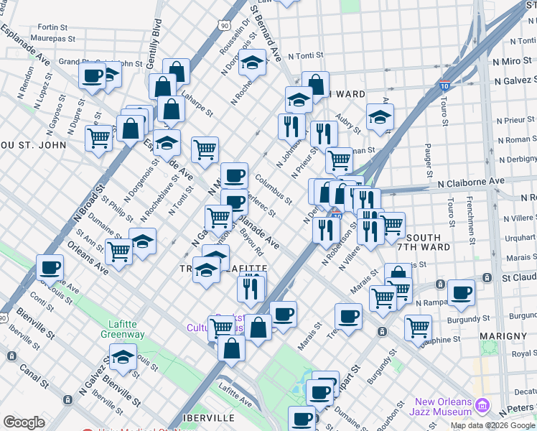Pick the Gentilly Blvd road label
[153, 43]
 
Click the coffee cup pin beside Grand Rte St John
[93, 75]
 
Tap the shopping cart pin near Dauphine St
[417, 327]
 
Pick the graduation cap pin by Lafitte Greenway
[123, 356]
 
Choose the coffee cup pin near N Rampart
[461, 292]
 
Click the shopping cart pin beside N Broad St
[98, 136]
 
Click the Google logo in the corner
[24, 422]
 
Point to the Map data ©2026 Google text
[493, 425]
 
